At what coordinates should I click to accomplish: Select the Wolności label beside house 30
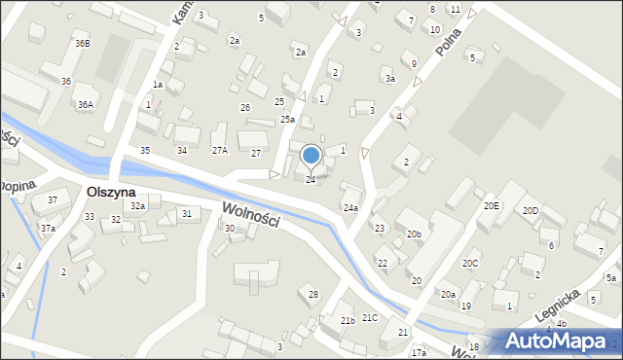(x=251, y=215)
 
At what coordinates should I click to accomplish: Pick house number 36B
(x=82, y=44)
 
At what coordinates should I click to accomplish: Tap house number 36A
(x=86, y=104)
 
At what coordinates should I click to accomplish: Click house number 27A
(x=220, y=151)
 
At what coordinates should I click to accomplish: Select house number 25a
(x=287, y=119)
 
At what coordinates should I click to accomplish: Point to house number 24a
(x=350, y=207)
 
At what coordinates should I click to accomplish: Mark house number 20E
(x=492, y=206)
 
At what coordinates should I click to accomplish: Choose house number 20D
(x=531, y=210)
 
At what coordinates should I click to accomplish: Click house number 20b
(x=414, y=234)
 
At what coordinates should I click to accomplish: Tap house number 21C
(x=370, y=318)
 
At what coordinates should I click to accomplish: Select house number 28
(x=313, y=294)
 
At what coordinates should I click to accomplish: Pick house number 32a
(x=138, y=206)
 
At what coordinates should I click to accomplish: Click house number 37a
(x=47, y=228)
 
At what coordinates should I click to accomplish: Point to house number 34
(x=181, y=151)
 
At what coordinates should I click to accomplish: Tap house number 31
(x=186, y=213)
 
